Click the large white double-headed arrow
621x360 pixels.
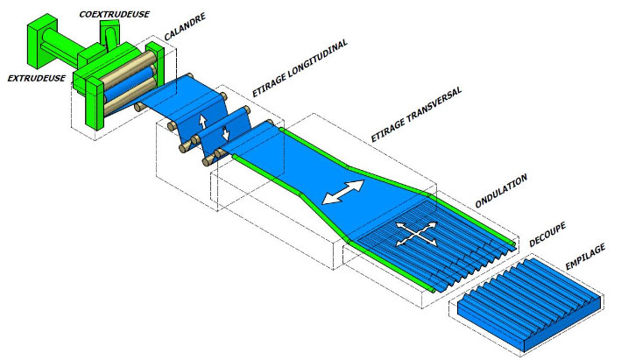[x=345, y=193]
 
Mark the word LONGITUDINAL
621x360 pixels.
[x=316, y=53]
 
